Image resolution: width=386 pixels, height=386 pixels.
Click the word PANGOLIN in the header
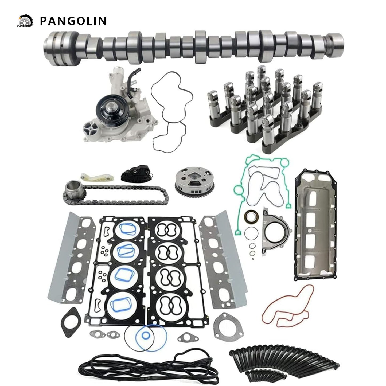(x=73, y=21)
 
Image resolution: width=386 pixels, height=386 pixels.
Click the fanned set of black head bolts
(x=283, y=353)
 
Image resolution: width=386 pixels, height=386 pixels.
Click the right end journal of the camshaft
(x=335, y=40)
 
